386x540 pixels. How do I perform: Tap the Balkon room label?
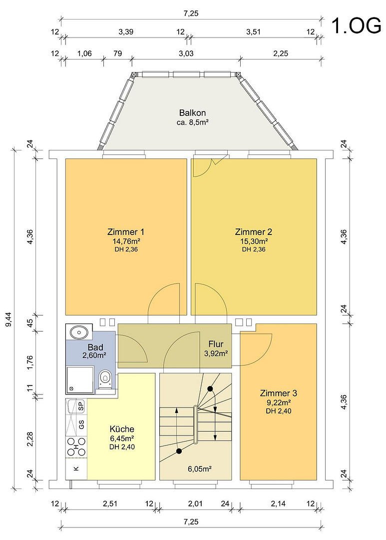tap(192, 112)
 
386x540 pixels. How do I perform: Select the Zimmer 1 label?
tap(126, 231)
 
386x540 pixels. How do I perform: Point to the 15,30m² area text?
tap(254, 241)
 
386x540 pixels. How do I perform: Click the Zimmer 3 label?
tap(279, 393)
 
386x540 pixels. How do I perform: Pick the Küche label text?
tap(122, 429)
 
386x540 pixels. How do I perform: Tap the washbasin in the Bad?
tap(79, 332)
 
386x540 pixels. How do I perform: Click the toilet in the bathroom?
tap(105, 380)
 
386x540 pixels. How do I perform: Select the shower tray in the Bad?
tap(80, 380)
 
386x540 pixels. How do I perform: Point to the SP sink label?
tap(81, 406)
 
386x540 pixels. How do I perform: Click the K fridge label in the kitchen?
tap(76, 468)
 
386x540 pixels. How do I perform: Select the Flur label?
tap(216, 343)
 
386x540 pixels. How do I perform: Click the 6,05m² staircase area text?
tap(199, 468)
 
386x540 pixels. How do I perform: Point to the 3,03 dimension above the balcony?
tap(186, 53)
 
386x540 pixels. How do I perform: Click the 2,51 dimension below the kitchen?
tap(110, 503)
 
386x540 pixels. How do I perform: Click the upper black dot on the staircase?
tap(210, 389)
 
